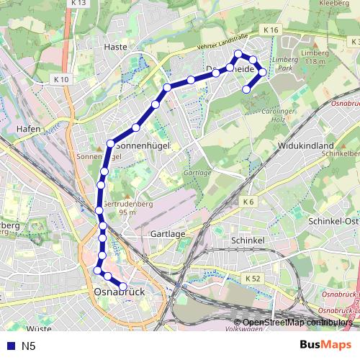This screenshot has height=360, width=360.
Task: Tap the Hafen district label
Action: [x=27, y=129]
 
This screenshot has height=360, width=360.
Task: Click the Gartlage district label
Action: [x=168, y=234]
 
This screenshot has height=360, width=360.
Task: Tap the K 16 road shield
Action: [x=271, y=30]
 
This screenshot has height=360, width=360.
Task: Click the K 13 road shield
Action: [x=78, y=3]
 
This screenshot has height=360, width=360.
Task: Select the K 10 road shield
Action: [x=61, y=79]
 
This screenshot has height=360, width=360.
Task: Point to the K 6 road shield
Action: [x=249, y=202]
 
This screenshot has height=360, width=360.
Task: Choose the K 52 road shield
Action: [x=253, y=278]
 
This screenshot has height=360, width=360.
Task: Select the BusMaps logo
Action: [x=325, y=345]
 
